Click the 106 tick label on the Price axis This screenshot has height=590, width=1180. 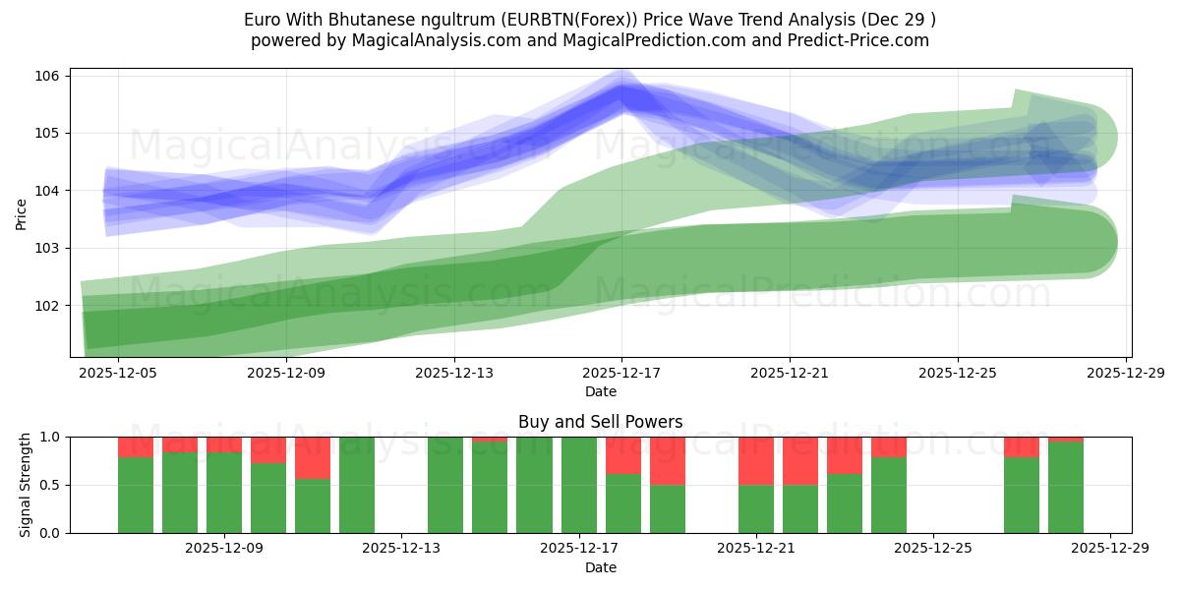(x=49, y=76)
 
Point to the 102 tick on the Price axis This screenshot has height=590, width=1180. (x=49, y=305)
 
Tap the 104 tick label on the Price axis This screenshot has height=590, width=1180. (x=49, y=190)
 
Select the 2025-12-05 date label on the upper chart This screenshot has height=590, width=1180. (x=118, y=374)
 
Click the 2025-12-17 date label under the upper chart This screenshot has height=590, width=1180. (x=621, y=374)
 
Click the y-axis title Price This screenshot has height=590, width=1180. (x=22, y=212)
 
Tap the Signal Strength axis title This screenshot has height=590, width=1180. (x=26, y=485)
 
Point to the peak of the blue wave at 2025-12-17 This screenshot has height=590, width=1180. (x=621, y=94)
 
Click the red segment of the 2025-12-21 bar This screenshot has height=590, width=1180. (x=756, y=460)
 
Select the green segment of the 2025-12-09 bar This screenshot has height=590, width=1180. (x=224, y=492)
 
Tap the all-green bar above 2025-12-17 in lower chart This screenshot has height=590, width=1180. (x=578, y=485)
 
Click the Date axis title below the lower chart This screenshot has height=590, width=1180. (x=601, y=567)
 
